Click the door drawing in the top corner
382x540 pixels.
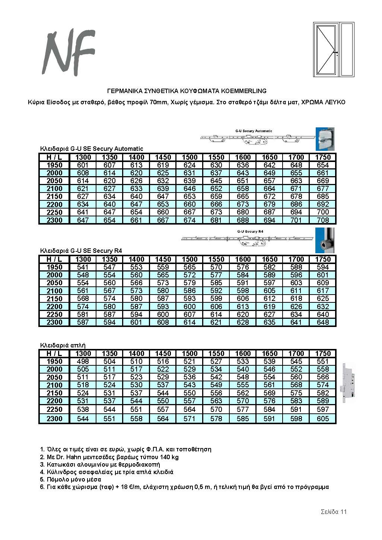(x=334, y=50)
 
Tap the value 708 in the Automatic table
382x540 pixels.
(x=322, y=220)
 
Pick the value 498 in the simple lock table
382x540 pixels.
(x=83, y=361)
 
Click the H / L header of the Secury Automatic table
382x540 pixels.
(x=54, y=157)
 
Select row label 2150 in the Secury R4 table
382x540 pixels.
(x=54, y=299)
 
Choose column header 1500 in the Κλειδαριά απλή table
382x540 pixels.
(x=190, y=353)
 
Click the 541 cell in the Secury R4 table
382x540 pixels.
(x=83, y=267)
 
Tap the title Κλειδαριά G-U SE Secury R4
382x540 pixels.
(x=81, y=251)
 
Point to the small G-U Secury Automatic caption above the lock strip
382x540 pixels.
(x=254, y=131)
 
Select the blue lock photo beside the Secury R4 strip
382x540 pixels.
(x=325, y=241)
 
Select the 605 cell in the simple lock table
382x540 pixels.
(x=322, y=419)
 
